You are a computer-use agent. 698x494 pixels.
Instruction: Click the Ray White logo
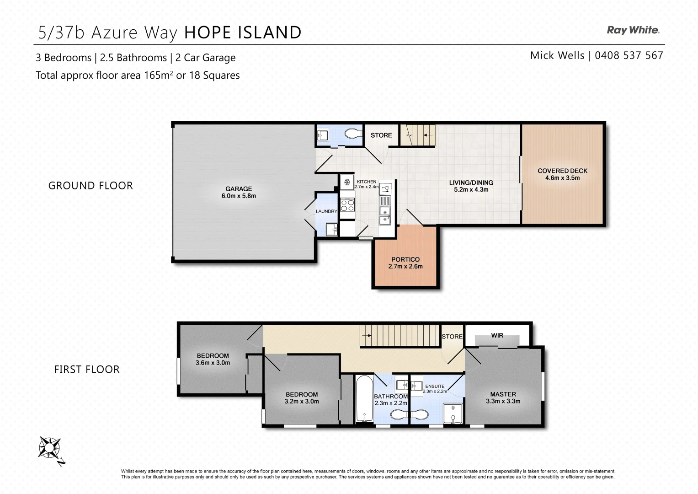click(633, 30)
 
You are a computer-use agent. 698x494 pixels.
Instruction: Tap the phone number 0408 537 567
click(629, 55)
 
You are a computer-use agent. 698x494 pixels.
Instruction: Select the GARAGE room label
click(238, 188)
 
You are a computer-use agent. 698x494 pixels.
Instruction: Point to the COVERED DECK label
click(562, 171)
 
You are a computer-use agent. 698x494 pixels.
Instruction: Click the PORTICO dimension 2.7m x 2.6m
click(405, 266)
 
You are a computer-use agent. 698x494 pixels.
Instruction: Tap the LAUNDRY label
click(326, 211)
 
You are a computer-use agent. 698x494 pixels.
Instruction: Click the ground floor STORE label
click(381, 135)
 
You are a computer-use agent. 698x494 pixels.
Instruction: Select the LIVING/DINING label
click(471, 183)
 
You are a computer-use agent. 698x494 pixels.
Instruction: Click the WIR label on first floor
click(497, 335)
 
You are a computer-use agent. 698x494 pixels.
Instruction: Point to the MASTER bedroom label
click(503, 394)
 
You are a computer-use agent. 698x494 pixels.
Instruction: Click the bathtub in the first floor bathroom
click(364, 399)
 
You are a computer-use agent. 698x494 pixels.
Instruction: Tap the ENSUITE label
click(434, 386)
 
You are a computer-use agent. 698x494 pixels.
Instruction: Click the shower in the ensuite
click(453, 414)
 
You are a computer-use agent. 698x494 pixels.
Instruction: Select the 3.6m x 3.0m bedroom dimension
click(213, 363)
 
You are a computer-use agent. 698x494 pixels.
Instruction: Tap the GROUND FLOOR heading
click(91, 186)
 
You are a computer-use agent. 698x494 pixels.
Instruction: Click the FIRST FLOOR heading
click(87, 370)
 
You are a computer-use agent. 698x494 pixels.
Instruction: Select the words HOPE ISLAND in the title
click(243, 32)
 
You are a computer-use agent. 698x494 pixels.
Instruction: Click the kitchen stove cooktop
click(347, 204)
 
